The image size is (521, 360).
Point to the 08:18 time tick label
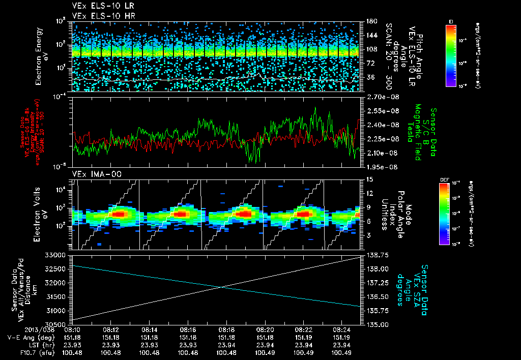[x=226, y=329]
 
